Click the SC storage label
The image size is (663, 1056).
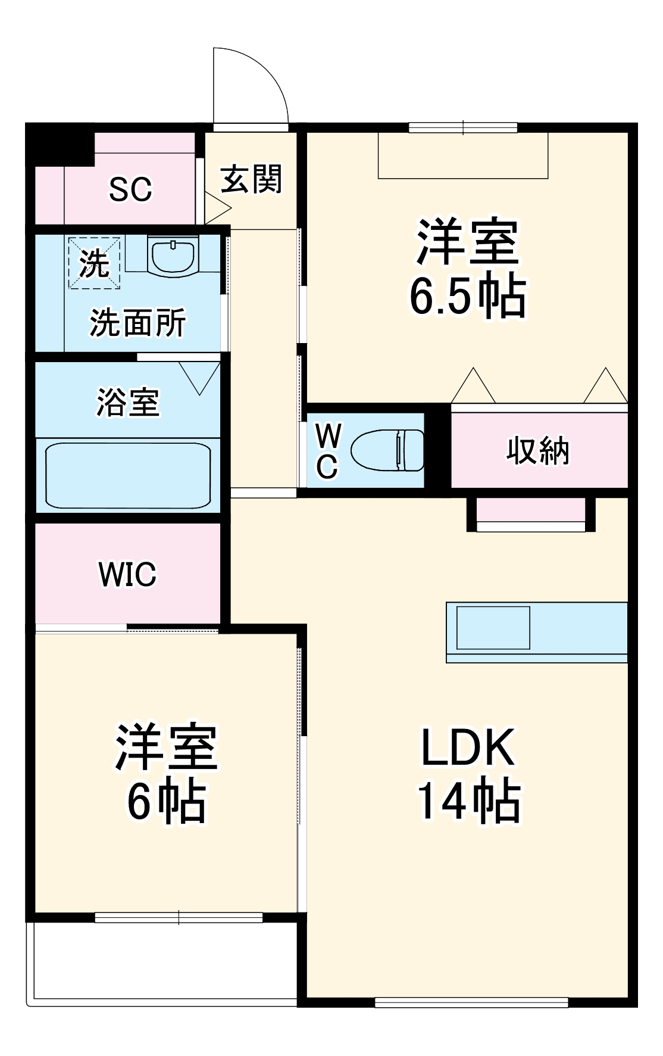pyautogui.click(x=130, y=189)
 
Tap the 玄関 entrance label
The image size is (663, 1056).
pyautogui.click(x=251, y=179)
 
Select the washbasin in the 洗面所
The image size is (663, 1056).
pyautogui.click(x=173, y=256)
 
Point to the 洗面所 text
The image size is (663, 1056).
pyautogui.click(x=137, y=323)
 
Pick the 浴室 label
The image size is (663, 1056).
pyautogui.click(x=128, y=402)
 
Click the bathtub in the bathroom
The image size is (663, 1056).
pyautogui.click(x=128, y=475)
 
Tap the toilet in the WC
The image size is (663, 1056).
pyautogui.click(x=387, y=450)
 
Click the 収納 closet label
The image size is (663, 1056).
pyautogui.click(x=538, y=451)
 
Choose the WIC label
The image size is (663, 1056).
pyautogui.click(x=127, y=574)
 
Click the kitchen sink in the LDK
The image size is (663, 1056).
pyautogui.click(x=493, y=628)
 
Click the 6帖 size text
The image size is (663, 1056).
pyautogui.click(x=167, y=802)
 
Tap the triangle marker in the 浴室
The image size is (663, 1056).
pyautogui.click(x=199, y=377)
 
